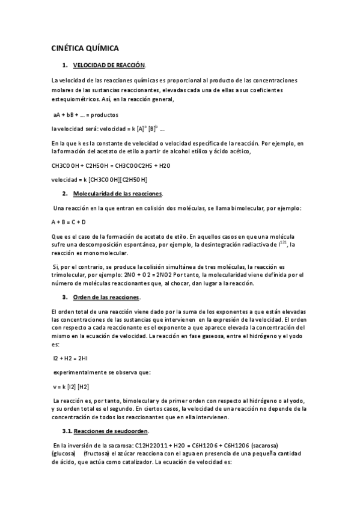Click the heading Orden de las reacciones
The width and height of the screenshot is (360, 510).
click(106, 297)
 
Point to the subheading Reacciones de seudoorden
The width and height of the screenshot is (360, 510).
click(115, 431)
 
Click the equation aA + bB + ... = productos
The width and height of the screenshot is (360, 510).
click(85, 114)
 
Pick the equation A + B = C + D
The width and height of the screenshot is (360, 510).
click(69, 222)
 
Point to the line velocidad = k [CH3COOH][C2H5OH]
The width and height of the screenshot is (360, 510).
click(100, 179)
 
